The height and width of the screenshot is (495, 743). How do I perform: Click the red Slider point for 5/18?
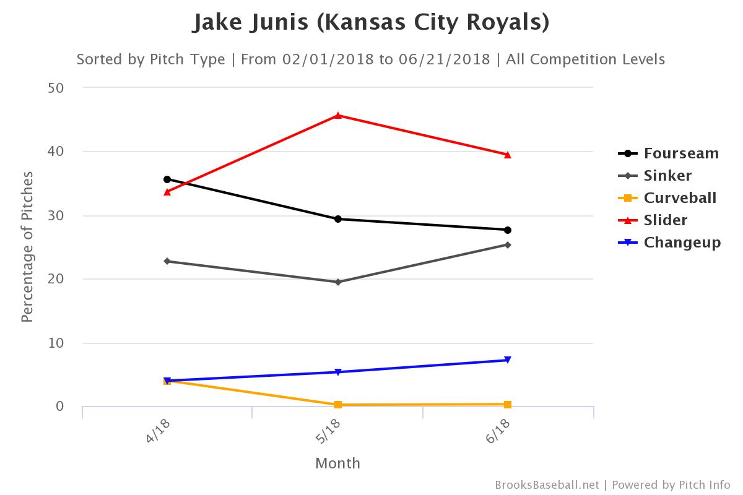338,115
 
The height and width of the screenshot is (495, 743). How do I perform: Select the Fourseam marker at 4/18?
167,179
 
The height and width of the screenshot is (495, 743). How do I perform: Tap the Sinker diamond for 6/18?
508,244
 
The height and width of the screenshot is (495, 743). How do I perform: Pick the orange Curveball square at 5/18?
338,405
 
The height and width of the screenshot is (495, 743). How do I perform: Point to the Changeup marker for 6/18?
508,360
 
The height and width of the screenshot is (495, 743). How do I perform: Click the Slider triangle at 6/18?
508,155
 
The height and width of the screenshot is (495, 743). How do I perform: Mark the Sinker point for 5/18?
338,282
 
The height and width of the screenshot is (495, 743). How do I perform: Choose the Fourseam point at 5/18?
338,218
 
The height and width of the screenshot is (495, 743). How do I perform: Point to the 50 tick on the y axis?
56,88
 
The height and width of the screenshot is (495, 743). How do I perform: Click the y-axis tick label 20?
56,279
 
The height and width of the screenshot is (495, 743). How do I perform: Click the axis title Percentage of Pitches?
27,246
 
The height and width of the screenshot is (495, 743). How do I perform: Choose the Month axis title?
337,463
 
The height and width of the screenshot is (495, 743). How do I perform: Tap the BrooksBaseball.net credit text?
547,484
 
